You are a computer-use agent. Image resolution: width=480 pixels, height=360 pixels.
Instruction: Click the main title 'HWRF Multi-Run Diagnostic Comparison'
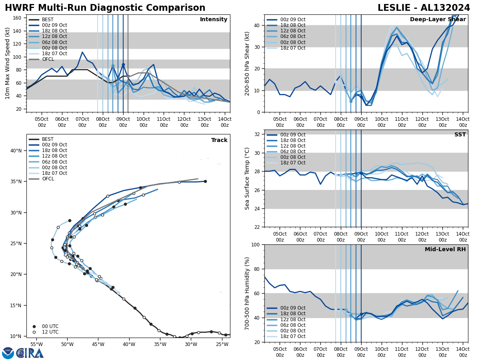(105, 8)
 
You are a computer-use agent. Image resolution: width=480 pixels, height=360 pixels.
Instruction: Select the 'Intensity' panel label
(214, 20)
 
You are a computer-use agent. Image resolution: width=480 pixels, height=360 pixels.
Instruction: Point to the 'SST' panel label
(460, 135)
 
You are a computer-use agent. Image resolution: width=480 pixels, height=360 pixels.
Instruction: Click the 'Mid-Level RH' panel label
(445, 250)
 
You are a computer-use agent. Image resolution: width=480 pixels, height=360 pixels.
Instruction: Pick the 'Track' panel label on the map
(219, 140)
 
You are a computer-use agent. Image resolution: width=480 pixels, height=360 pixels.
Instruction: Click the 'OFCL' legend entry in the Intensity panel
(48, 59)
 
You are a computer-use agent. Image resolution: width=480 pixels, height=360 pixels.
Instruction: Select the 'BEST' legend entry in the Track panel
(48, 139)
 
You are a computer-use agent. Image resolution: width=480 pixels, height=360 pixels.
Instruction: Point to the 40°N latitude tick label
(16, 151)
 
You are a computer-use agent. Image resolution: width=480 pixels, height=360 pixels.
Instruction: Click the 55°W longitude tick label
(36, 344)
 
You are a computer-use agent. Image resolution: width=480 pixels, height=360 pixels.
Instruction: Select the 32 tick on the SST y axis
(258, 134)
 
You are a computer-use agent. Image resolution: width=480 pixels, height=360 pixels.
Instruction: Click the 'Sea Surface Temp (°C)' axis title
(247, 178)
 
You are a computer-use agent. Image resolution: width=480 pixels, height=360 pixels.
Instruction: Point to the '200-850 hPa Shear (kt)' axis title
(247, 63)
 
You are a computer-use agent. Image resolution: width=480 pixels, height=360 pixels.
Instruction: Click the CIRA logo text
(30, 353)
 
